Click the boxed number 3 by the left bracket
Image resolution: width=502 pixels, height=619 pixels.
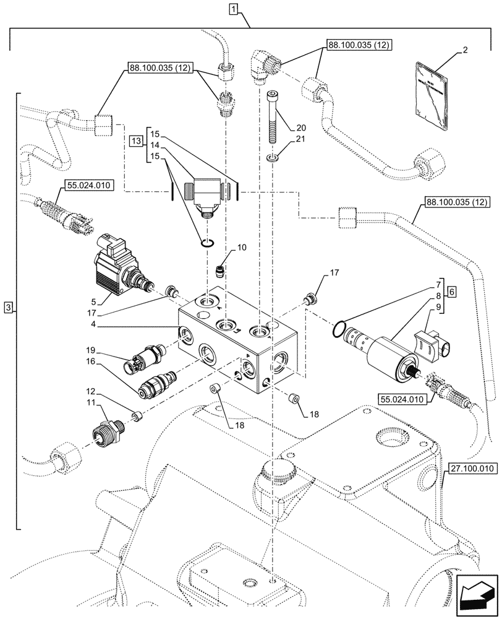[7, 308]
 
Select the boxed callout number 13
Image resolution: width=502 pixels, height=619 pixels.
[137, 142]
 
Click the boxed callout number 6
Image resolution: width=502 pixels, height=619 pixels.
[451, 291]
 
